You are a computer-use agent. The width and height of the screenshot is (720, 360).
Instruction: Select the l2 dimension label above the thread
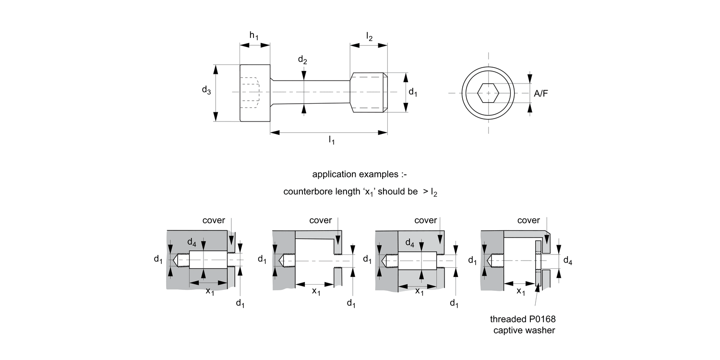[369, 37]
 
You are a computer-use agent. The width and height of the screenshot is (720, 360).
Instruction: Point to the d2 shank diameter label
[302, 60]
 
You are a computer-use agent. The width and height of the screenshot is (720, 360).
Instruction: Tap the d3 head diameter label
[206, 90]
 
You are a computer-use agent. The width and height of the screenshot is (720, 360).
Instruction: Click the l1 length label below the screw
[331, 140]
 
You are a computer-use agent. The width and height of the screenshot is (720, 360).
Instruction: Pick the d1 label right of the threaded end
[413, 93]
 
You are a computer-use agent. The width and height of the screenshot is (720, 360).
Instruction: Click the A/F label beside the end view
[541, 94]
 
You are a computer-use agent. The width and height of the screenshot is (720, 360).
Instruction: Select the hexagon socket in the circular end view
[489, 93]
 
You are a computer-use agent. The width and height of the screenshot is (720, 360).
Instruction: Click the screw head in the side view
[255, 93]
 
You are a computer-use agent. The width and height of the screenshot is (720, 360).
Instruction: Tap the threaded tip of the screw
[369, 93]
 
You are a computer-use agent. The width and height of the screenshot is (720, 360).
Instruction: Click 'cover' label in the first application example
[214, 220]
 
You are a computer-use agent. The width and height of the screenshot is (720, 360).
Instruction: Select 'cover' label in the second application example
[321, 220]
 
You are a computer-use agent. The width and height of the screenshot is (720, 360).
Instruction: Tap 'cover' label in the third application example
[425, 220]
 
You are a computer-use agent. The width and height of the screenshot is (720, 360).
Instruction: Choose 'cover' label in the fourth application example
[528, 220]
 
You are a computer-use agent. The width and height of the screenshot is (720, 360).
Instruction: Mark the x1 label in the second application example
[316, 291]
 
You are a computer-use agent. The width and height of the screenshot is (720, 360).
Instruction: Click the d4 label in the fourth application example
[567, 261]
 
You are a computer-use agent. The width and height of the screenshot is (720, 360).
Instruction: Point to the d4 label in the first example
[192, 242]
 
